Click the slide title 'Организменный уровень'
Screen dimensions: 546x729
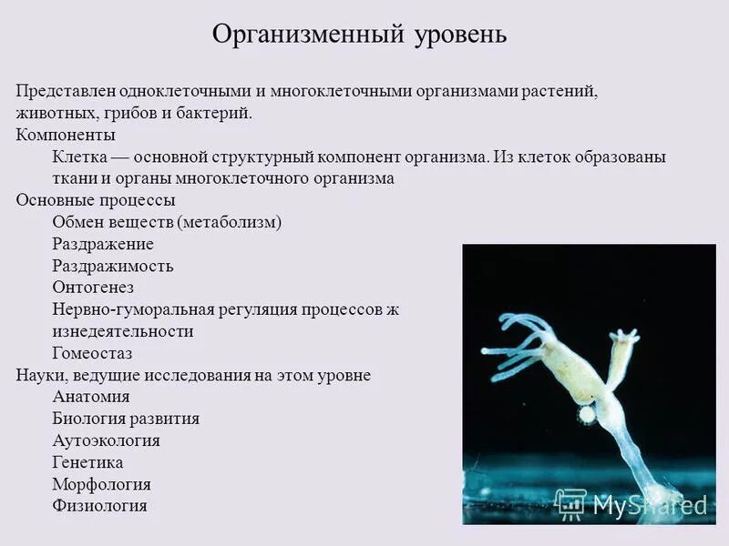[359, 35]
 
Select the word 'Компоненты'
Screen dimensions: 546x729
[66, 135]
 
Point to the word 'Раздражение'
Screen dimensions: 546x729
[103, 244]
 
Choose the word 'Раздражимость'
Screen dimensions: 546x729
[113, 266]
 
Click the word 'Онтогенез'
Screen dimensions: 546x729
[94, 288]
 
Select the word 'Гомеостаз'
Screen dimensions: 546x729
[93, 353]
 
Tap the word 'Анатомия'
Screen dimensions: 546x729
[91, 397]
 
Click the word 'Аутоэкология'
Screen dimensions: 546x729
[107, 440]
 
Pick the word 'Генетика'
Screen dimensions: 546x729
[87, 462]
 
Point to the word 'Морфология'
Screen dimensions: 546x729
[102, 484]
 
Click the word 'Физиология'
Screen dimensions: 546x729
[100, 506]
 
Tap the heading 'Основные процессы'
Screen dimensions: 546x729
[96, 200]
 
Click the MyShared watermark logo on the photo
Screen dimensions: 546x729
[631, 503]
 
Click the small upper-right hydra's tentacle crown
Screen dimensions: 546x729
[624, 338]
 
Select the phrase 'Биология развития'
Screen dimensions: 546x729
[126, 419]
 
